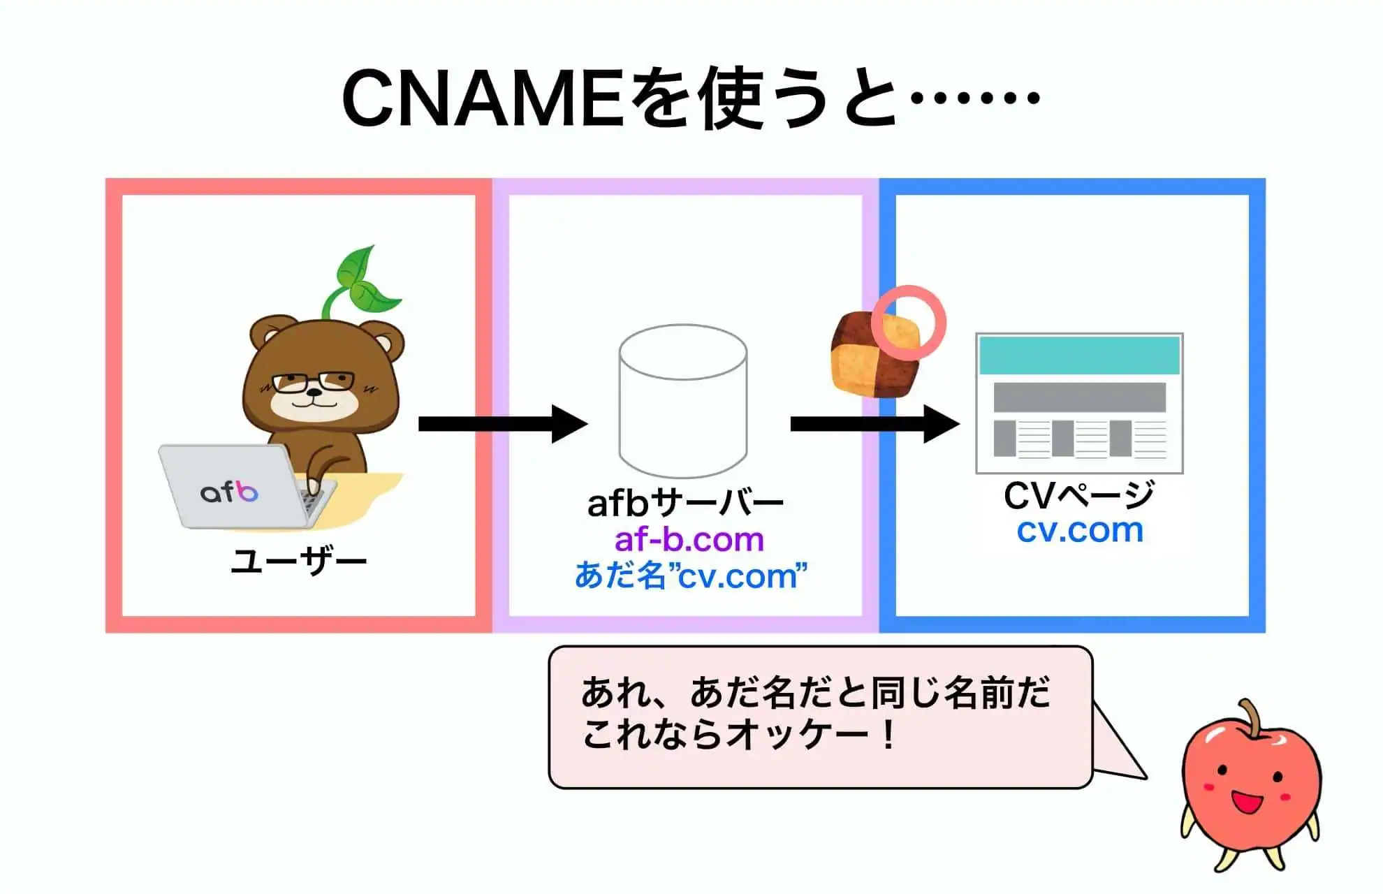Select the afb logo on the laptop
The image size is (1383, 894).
[x=229, y=492]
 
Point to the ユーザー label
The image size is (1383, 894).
[x=299, y=561]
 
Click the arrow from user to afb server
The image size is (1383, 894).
[x=503, y=424]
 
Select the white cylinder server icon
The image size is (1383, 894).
[x=683, y=401]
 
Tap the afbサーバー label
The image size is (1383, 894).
[x=685, y=502]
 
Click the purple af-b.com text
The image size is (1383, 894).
[x=689, y=539]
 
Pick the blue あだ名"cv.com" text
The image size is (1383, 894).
[x=691, y=576]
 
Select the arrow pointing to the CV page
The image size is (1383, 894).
[x=875, y=424]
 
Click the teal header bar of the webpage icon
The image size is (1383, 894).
[x=1079, y=355]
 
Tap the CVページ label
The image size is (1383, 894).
[x=1079, y=495]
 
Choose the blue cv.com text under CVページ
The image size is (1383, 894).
[x=1080, y=530]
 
